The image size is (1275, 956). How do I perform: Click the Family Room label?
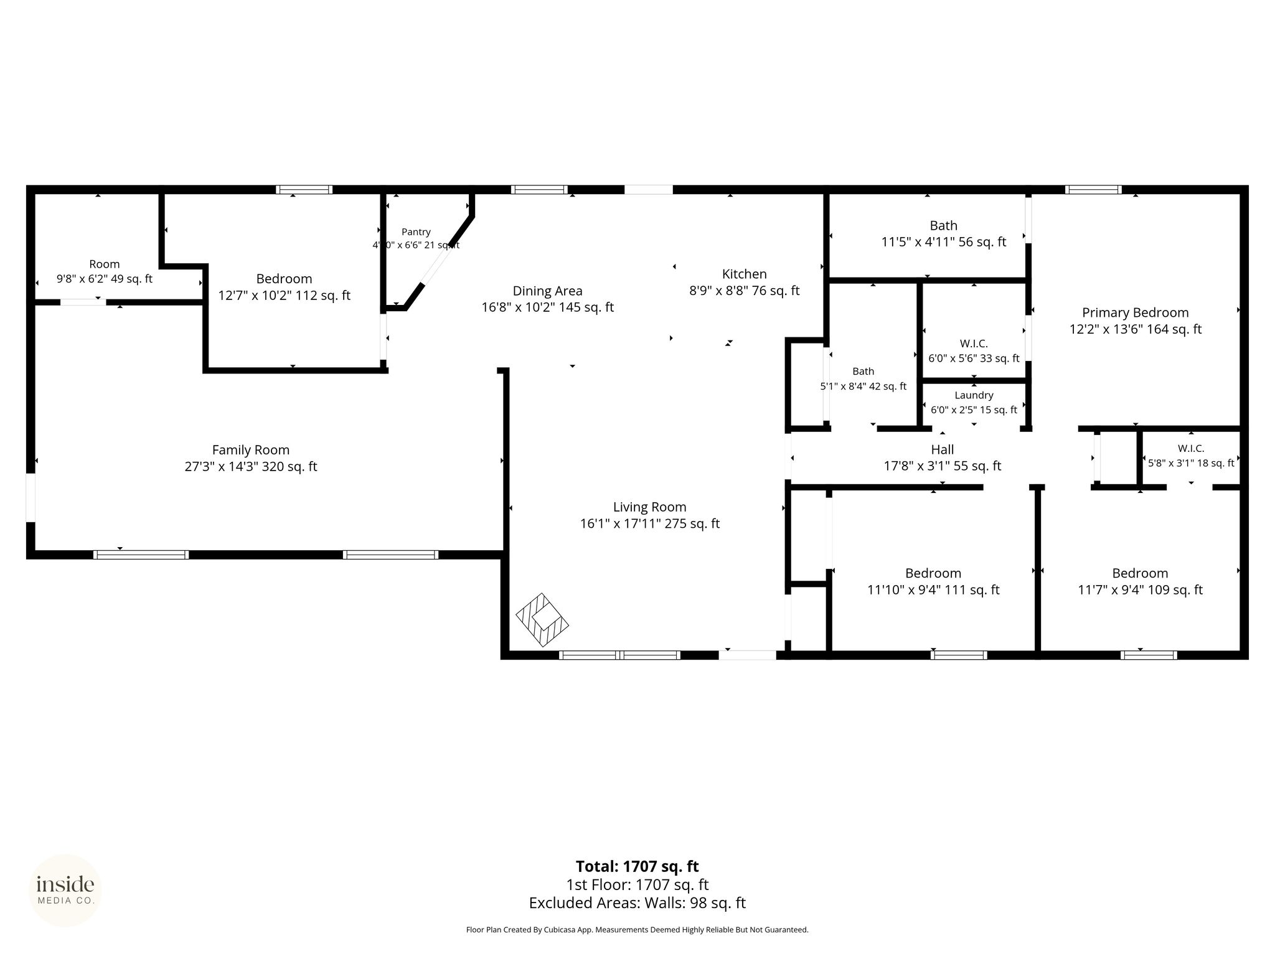pyautogui.click(x=251, y=449)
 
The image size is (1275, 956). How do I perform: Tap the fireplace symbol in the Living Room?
pyautogui.click(x=542, y=620)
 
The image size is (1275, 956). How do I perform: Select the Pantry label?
pyautogui.click(x=416, y=232)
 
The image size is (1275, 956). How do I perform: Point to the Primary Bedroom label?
pyautogui.click(x=1136, y=312)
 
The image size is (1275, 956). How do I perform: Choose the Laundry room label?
pyautogui.click(x=974, y=395)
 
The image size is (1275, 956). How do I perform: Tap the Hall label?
pyautogui.click(x=943, y=449)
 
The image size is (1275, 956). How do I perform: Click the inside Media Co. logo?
pyautogui.click(x=65, y=890)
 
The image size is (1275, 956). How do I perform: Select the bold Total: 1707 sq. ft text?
pyautogui.click(x=637, y=866)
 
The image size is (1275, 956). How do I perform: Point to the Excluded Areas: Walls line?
pyautogui.click(x=637, y=902)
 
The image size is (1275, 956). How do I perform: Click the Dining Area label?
pyautogui.click(x=548, y=291)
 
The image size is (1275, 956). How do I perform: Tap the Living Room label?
pyautogui.click(x=650, y=507)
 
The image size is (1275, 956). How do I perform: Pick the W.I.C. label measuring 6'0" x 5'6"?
pyautogui.click(x=974, y=344)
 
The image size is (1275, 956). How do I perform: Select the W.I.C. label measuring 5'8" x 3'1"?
pyautogui.click(x=1191, y=448)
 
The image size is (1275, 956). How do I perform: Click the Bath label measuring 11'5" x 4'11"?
pyautogui.click(x=944, y=225)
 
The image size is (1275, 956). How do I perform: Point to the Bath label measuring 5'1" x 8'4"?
pyautogui.click(x=863, y=372)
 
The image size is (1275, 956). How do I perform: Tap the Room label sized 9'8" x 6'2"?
pyautogui.click(x=105, y=264)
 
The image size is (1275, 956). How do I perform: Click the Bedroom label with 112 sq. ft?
pyautogui.click(x=285, y=278)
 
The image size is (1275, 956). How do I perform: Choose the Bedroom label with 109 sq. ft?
pyautogui.click(x=1141, y=573)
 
